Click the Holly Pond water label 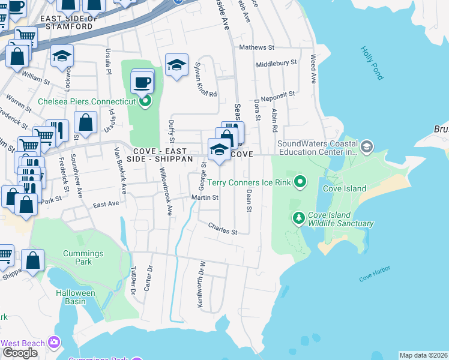pyautogui.click(x=372, y=64)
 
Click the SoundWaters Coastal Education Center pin pyautogui.click(x=367, y=146)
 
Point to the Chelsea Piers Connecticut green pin pyautogui.click(x=145, y=101)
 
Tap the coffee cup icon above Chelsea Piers pyautogui.click(x=142, y=82)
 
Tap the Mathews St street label pyautogui.click(x=256, y=47)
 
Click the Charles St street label pyautogui.click(x=223, y=229)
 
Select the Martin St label pyautogui.click(x=204, y=197)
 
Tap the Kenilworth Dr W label pyautogui.click(x=202, y=284)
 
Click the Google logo pyautogui.click(x=20, y=353)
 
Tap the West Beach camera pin pyautogui.click(x=55, y=343)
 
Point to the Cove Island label pyautogui.click(x=345, y=188)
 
